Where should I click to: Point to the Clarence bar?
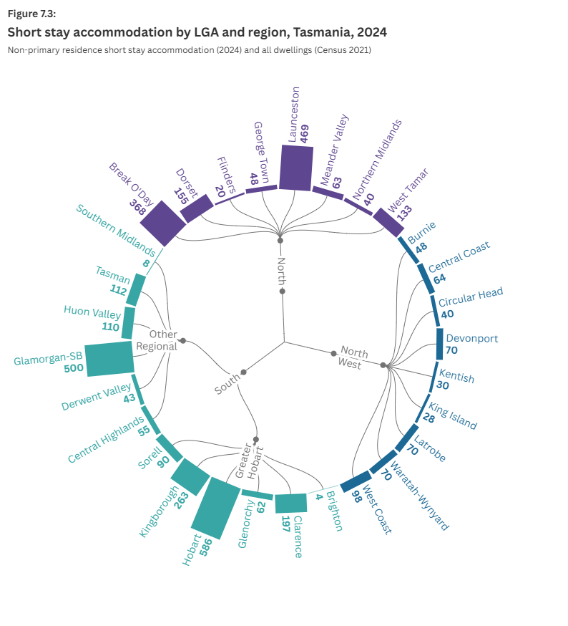(x=290, y=503)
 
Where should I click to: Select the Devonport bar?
(x=439, y=343)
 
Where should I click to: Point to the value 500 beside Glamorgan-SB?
(x=74, y=370)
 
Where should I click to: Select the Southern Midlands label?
(x=115, y=231)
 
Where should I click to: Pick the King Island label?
(x=457, y=415)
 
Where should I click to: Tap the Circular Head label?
(x=470, y=297)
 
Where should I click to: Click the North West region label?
(x=353, y=356)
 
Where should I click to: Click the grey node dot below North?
(x=283, y=292)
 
